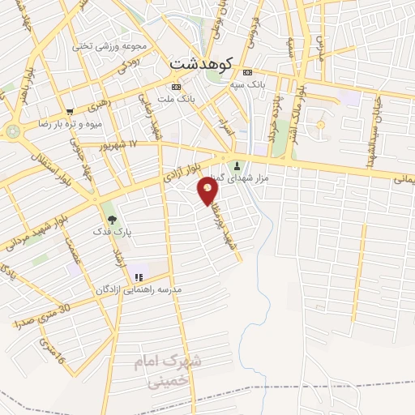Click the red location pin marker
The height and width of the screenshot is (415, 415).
click(207, 190)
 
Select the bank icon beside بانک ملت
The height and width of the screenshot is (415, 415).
click(177, 87)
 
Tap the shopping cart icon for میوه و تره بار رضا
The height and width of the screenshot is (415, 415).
click(70, 111)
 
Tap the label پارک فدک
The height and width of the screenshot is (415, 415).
click(118, 232)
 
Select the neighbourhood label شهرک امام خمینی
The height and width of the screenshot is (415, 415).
click(166, 369)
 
